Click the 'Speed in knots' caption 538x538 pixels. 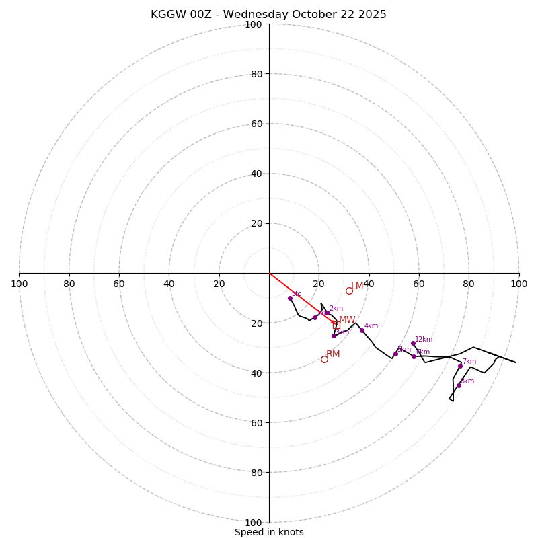(269, 532)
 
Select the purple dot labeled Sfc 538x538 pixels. (290, 298)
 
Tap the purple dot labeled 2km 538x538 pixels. (328, 313)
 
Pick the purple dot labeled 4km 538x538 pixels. (362, 330)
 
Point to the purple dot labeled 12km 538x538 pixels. (413, 343)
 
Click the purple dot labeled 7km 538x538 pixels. (460, 366)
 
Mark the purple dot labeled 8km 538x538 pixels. (459, 385)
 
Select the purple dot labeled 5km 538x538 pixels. (395, 354)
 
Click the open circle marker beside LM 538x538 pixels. (349, 291)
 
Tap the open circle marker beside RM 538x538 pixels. (324, 359)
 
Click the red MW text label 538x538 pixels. (347, 320)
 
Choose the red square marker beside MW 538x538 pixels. (336, 325)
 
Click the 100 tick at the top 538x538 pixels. (254, 24)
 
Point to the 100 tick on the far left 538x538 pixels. (19, 284)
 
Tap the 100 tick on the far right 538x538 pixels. (518, 284)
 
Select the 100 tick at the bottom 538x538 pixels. (254, 522)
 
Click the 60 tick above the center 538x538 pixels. (256, 124)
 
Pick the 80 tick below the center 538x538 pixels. (256, 472)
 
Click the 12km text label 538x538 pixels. (424, 340)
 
